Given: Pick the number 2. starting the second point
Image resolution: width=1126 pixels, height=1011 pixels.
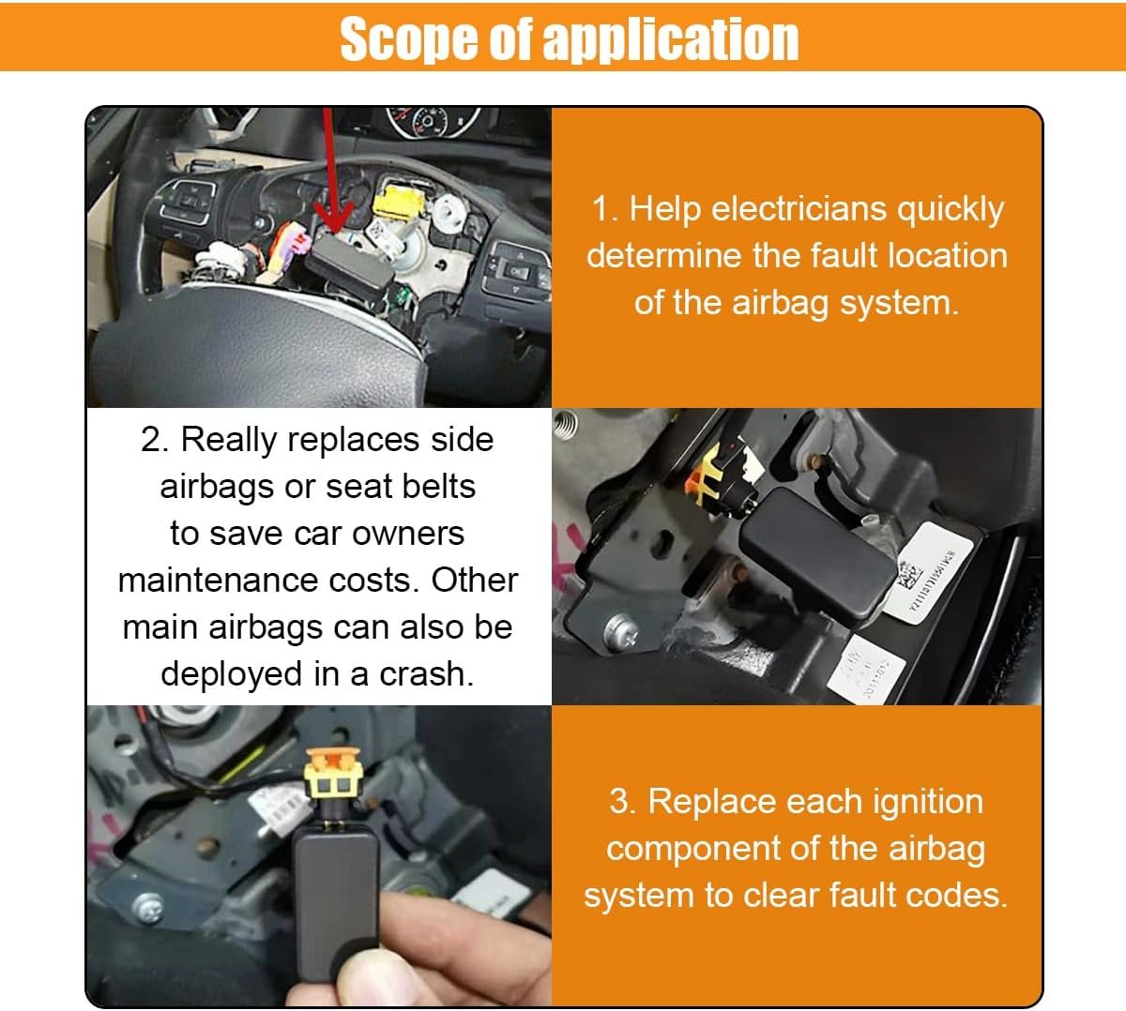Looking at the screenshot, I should [x=155, y=439].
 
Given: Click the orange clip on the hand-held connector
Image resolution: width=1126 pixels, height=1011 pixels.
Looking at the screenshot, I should [x=332, y=763].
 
